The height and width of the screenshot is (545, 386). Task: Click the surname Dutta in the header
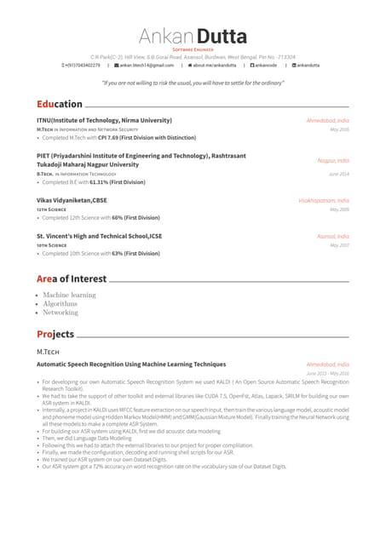coord(222,36)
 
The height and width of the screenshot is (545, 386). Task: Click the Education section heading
coord(60,104)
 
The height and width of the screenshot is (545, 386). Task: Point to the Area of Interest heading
coord(72,278)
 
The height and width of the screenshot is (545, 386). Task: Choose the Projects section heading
coord(55,334)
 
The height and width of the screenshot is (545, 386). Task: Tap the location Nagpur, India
coord(333,160)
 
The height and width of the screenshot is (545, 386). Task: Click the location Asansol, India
coord(333,236)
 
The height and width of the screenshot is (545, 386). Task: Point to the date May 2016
coord(340,129)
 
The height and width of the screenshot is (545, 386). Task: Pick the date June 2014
coord(339,174)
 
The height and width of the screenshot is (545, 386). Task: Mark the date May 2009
coord(340,209)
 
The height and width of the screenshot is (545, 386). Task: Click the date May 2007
coord(340,244)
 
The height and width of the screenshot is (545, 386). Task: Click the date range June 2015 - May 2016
coord(328,373)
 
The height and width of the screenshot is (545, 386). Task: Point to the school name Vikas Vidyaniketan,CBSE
coord(72,200)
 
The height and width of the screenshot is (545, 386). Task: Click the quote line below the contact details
coord(193,83)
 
